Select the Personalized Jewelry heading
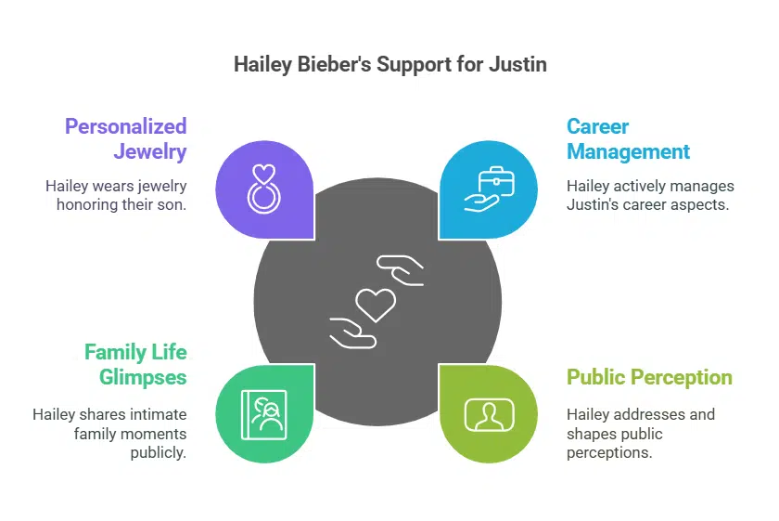pyautogui.click(x=126, y=138)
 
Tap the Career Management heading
pyautogui.click(x=628, y=138)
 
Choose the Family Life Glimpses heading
pyautogui.click(x=135, y=365)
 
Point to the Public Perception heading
pyautogui.click(x=649, y=377)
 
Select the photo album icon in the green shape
pyautogui.click(x=264, y=412)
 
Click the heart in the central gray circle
pyautogui.click(x=377, y=303)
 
